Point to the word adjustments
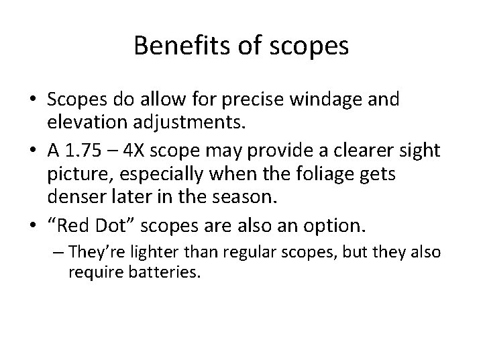click(x=175, y=122)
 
